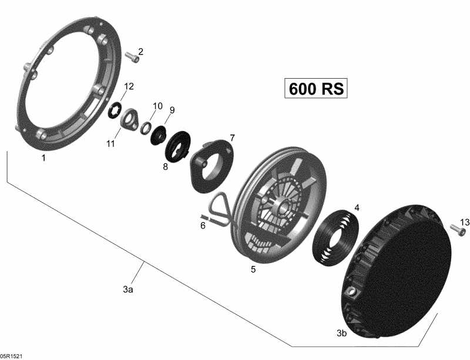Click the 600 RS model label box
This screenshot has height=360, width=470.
click(x=315, y=89)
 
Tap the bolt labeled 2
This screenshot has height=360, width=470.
click(x=132, y=56)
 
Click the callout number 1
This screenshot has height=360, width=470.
click(x=43, y=158)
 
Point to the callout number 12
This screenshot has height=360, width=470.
click(x=129, y=86)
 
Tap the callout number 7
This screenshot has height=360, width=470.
click(x=232, y=138)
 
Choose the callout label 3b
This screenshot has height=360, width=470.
click(x=341, y=333)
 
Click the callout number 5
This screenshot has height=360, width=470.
click(x=253, y=270)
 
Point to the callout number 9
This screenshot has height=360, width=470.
click(x=172, y=110)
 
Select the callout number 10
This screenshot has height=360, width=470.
click(x=157, y=106)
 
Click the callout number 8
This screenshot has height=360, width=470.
click(x=165, y=167)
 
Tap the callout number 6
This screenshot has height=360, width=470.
click(x=203, y=225)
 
